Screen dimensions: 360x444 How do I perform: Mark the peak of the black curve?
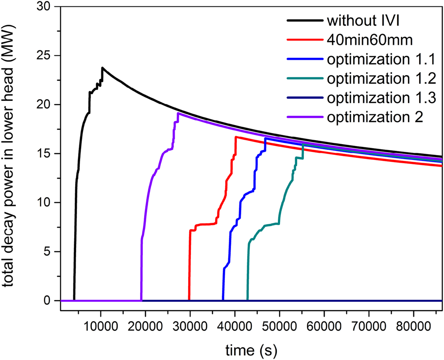103,68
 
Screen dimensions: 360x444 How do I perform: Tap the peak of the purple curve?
178,113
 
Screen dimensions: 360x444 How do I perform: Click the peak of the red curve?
236,137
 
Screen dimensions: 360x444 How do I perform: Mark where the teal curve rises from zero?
247,300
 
